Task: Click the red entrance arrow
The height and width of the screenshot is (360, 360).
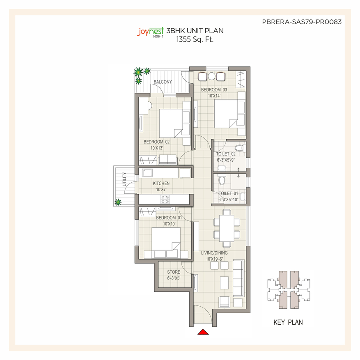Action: click(203, 332)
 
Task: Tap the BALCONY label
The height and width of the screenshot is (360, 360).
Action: click(163, 82)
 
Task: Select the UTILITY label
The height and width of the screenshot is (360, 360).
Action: click(124, 179)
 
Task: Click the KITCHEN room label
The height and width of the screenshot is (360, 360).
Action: click(161, 183)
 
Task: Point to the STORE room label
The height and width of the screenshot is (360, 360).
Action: click(174, 272)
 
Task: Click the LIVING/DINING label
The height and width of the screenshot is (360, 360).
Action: click(214, 253)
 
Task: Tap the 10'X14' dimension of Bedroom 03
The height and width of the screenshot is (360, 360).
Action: click(214, 96)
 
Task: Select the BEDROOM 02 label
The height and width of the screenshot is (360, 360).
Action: click(156, 142)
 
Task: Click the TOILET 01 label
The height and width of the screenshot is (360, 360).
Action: click(228, 193)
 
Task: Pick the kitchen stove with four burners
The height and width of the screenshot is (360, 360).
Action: click(165, 199)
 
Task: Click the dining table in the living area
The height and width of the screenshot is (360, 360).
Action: click(227, 228)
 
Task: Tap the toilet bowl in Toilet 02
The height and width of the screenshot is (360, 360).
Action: click(239, 148)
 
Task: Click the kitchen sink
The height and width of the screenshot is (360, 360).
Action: click(147, 173)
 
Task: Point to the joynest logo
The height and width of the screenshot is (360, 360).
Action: click(150, 32)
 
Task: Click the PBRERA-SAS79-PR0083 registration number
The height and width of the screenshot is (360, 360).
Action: click(302, 22)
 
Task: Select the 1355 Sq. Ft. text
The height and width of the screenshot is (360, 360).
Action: click(195, 39)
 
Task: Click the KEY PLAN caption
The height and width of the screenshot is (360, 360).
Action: click(288, 322)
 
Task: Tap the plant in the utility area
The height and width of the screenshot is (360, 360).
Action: click(118, 202)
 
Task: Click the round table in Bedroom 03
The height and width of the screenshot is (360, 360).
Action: click(211, 76)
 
